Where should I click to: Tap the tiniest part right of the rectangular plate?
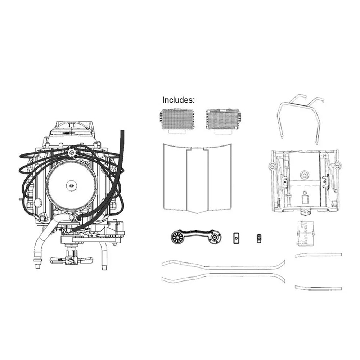coord(259,238)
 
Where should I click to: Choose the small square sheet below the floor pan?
coord(305,233)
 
